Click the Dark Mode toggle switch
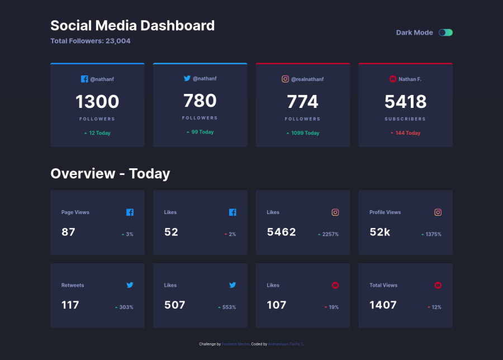pos(445,32)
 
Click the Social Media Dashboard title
pos(132,26)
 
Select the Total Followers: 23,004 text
pos(91,41)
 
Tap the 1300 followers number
pos(97,102)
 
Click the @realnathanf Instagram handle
pos(307,79)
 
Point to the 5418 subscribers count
pos(405,102)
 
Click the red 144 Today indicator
pos(406,133)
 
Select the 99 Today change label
pos(200,132)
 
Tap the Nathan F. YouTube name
pos(410,79)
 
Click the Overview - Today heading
pos(110,173)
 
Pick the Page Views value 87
pos(68,232)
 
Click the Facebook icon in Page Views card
pos(130,212)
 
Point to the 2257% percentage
pos(330,234)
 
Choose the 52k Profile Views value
pos(380,232)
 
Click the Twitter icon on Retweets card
pos(130,285)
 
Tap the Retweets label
pos(73,285)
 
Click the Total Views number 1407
pos(383,305)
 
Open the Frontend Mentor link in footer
pos(235,344)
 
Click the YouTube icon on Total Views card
pos(438,285)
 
